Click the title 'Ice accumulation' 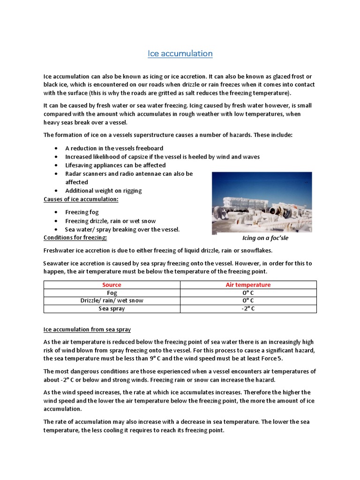(x=180, y=53)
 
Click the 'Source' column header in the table (x=112, y=285)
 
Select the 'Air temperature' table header (x=248, y=285)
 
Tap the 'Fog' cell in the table (x=112, y=292)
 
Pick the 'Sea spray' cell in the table (x=112, y=308)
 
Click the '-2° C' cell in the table (x=248, y=308)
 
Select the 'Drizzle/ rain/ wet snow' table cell (x=112, y=300)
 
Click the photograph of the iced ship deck (x=262, y=202)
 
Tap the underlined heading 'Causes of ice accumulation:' (x=81, y=199)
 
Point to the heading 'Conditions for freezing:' (x=75, y=237)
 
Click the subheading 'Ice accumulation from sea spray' (x=90, y=330)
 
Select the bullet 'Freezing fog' (x=82, y=212)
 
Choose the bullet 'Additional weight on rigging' (x=103, y=191)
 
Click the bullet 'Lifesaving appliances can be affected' (x=115, y=165)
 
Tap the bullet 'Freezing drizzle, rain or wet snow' (x=110, y=221)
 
